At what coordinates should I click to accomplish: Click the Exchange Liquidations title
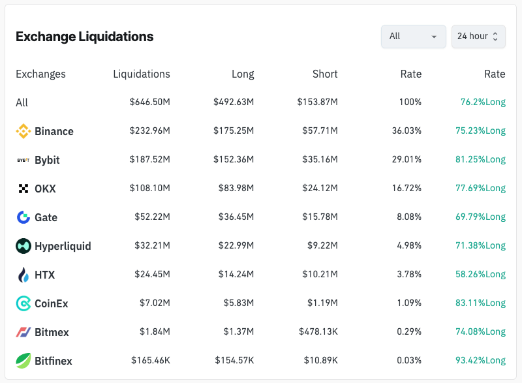pyautogui.click(x=85, y=37)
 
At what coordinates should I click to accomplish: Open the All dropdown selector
pyautogui.click(x=413, y=37)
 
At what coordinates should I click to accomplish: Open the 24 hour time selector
pyautogui.click(x=478, y=37)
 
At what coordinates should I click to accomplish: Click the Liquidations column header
pyautogui.click(x=142, y=74)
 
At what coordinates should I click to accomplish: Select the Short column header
pyautogui.click(x=325, y=74)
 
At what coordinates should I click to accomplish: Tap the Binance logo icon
pyautogui.click(x=23, y=131)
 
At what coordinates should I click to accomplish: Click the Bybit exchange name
pyautogui.click(x=47, y=160)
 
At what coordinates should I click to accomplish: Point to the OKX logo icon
pyautogui.click(x=23, y=189)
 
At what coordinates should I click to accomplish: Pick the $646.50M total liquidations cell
pyautogui.click(x=149, y=102)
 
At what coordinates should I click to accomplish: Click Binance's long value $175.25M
pyautogui.click(x=234, y=131)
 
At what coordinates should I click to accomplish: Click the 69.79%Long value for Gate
pyautogui.click(x=480, y=217)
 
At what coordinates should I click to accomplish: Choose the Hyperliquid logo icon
pyautogui.click(x=23, y=246)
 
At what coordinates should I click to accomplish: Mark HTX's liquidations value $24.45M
pyautogui.click(x=151, y=275)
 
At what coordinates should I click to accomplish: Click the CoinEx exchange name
pyautogui.click(x=52, y=303)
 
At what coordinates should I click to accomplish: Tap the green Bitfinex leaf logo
pyautogui.click(x=23, y=361)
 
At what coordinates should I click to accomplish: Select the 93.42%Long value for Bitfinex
pyautogui.click(x=480, y=361)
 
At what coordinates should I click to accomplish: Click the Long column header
pyautogui.click(x=243, y=74)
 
